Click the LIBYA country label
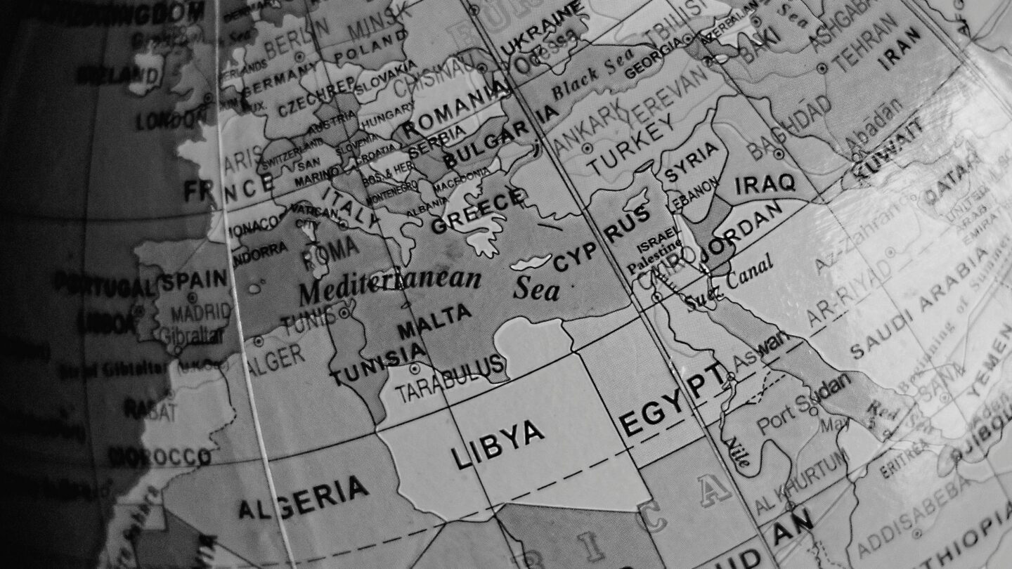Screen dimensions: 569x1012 [498, 444]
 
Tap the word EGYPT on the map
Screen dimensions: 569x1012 [672, 399]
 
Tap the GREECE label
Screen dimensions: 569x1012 [478, 211]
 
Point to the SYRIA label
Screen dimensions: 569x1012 [692, 159]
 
